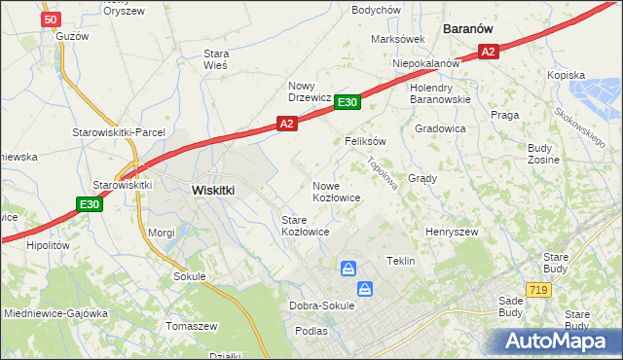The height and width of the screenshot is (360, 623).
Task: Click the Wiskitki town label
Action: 213,191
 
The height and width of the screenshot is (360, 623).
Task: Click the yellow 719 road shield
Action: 536,290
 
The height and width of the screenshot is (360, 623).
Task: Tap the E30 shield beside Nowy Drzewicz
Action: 348,102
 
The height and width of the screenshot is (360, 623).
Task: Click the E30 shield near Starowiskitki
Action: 90,203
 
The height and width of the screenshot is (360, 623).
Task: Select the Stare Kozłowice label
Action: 305,227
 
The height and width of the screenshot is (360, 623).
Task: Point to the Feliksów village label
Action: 366,141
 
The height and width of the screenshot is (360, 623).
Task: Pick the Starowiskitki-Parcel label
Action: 119,132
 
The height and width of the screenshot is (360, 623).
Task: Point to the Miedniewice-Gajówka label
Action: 55,313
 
